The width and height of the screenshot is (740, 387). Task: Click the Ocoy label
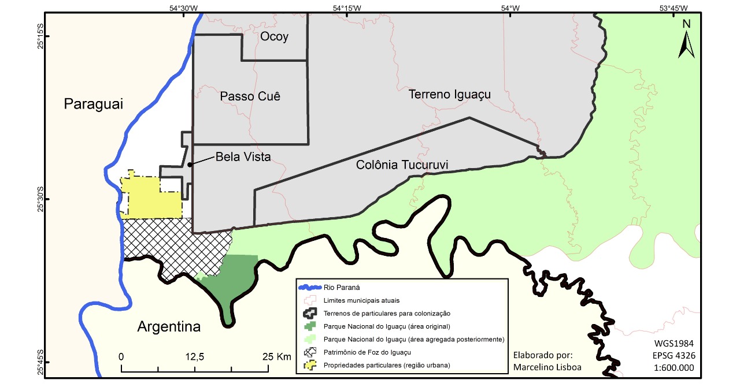[x=274, y=37]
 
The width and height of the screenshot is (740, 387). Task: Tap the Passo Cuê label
[x=250, y=96]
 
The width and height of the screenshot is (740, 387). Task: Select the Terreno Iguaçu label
[x=449, y=94]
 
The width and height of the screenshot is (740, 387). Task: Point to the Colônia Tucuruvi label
[x=402, y=165]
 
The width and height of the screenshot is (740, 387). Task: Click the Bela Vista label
[x=243, y=157]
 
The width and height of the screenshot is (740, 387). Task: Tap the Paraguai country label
[x=94, y=104]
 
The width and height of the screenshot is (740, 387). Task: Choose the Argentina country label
[x=169, y=326]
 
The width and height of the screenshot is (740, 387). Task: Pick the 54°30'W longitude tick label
[x=184, y=8]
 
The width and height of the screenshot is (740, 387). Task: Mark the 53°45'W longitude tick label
[x=674, y=8]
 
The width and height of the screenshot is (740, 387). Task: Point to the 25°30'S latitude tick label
[x=40, y=199]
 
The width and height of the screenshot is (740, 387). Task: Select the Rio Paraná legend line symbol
[x=309, y=287]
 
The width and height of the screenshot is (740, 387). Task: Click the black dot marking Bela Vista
[x=190, y=165]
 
